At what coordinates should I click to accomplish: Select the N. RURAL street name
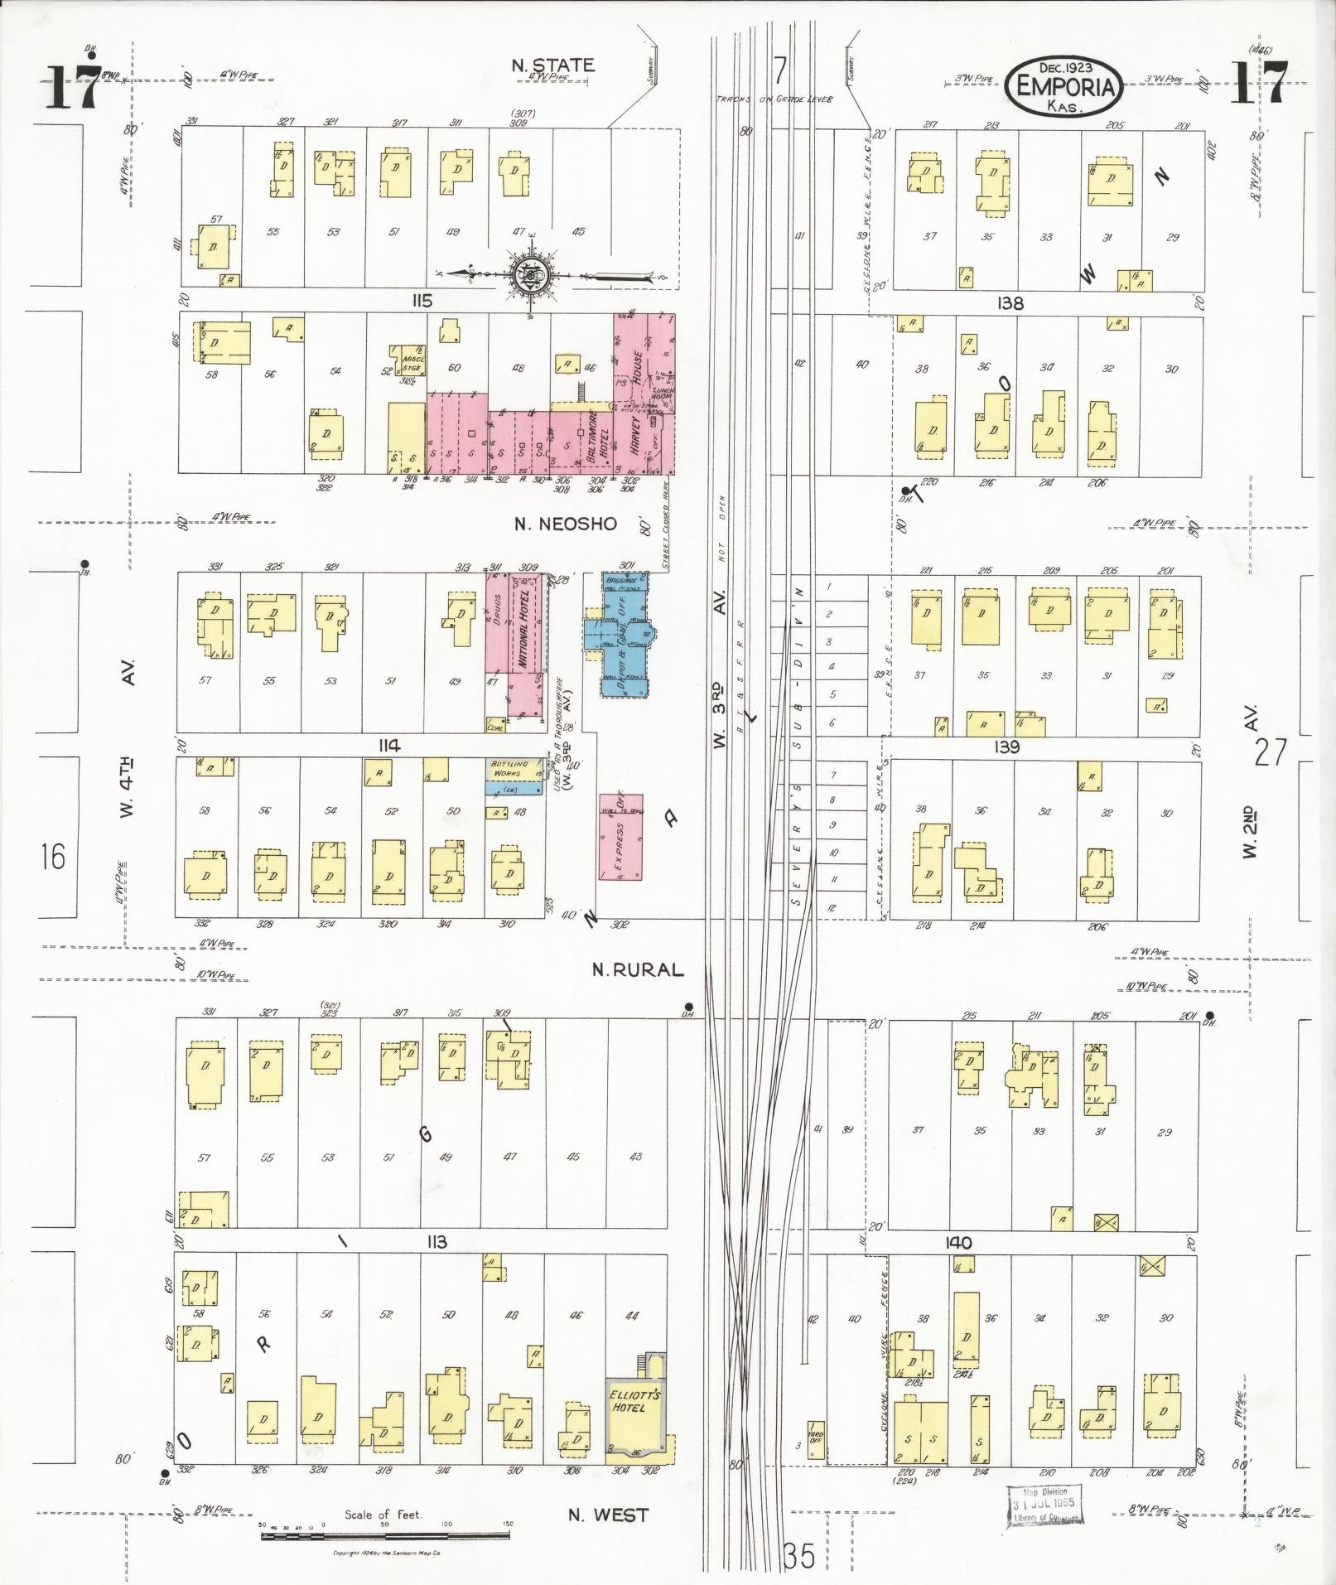coord(638,969)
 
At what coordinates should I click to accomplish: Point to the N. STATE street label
coord(552,65)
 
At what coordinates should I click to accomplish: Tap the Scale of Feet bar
coord(385,1535)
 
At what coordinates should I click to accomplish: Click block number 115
coord(422,302)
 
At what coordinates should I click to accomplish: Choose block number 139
coord(1007,747)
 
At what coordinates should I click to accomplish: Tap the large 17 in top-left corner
coord(73,87)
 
